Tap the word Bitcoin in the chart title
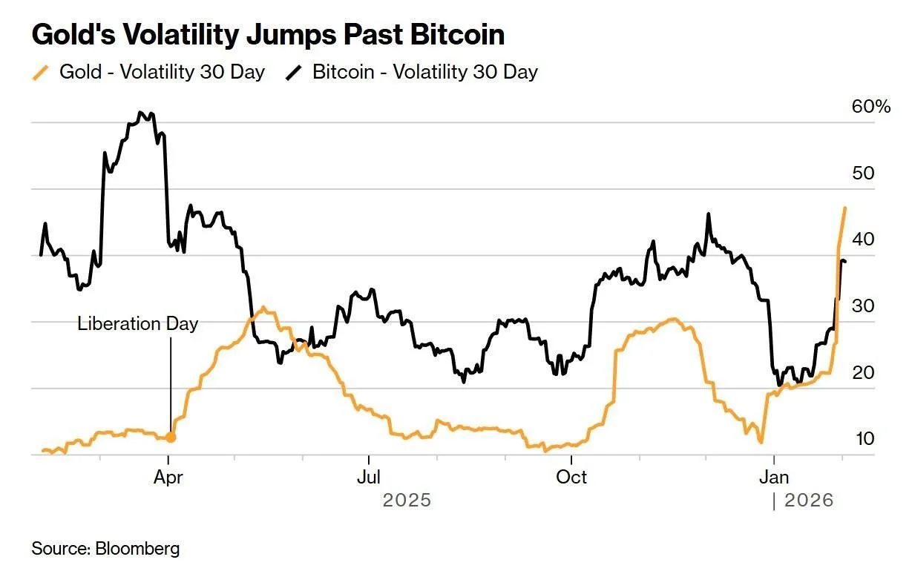point(457,35)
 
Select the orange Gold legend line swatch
point(40,73)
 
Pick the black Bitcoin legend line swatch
point(294,73)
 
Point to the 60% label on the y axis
point(871,107)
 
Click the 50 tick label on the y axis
point(863,174)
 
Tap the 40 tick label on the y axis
point(863,240)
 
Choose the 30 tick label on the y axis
point(863,306)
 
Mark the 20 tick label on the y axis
point(863,372)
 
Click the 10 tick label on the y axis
point(865,439)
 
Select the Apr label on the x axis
point(168,478)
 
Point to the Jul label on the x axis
point(369,477)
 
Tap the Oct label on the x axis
point(571,477)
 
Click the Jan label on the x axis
point(774,477)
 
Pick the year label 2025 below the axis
point(407,501)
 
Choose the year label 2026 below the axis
point(809,501)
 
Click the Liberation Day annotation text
point(137,324)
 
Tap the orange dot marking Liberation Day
point(171,438)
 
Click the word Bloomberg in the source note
point(137,549)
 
